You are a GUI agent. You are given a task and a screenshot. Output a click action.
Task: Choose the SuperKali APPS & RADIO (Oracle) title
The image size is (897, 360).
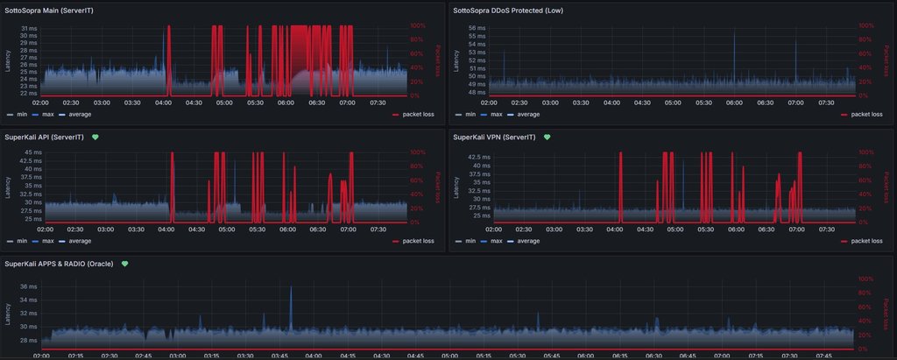tap(61, 264)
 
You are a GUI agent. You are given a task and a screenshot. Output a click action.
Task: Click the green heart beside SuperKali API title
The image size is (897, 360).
tap(95, 138)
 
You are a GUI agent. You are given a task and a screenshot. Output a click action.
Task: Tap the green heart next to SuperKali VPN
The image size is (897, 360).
tap(547, 138)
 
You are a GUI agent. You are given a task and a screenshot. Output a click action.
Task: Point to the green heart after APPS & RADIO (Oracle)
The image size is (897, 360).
tap(125, 264)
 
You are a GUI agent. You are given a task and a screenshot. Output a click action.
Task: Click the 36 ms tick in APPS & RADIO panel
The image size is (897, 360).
tap(29, 286)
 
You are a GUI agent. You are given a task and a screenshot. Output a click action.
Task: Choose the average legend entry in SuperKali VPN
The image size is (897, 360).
tap(529, 241)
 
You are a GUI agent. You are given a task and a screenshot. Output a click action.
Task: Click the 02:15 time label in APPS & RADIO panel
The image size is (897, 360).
tap(75, 356)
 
